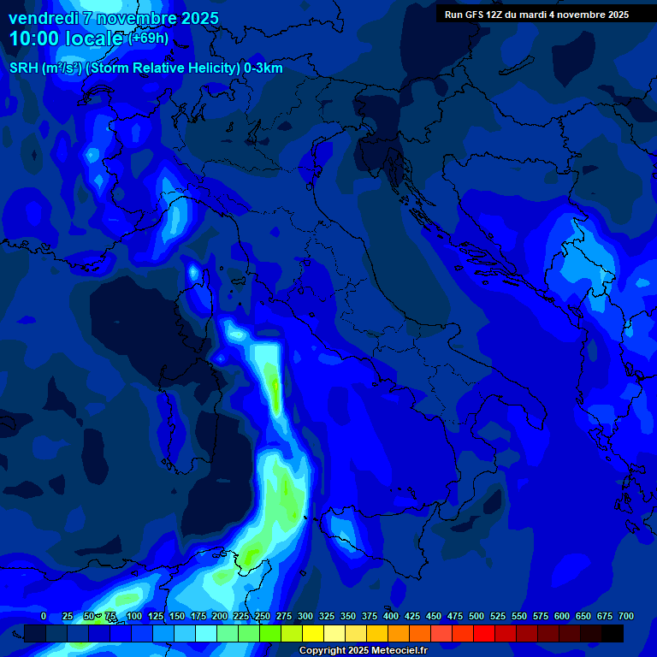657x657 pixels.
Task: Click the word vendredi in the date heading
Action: (44, 18)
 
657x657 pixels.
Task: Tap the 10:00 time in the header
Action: (38, 38)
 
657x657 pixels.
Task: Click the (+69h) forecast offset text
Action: (149, 38)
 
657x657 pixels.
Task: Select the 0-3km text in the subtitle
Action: (263, 68)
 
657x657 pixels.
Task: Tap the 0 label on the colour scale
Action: (44, 616)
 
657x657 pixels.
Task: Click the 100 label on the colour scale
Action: (134, 616)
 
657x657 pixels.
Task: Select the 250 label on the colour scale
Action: (263, 616)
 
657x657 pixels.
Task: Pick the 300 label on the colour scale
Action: (305, 616)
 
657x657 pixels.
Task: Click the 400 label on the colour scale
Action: (391, 616)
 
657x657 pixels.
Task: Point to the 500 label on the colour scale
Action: (476, 616)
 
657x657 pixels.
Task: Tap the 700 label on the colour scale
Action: (626, 616)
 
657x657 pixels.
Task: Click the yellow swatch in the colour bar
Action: (313, 634)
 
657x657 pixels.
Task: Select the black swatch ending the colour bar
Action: (613, 634)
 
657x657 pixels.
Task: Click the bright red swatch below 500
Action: (484, 634)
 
